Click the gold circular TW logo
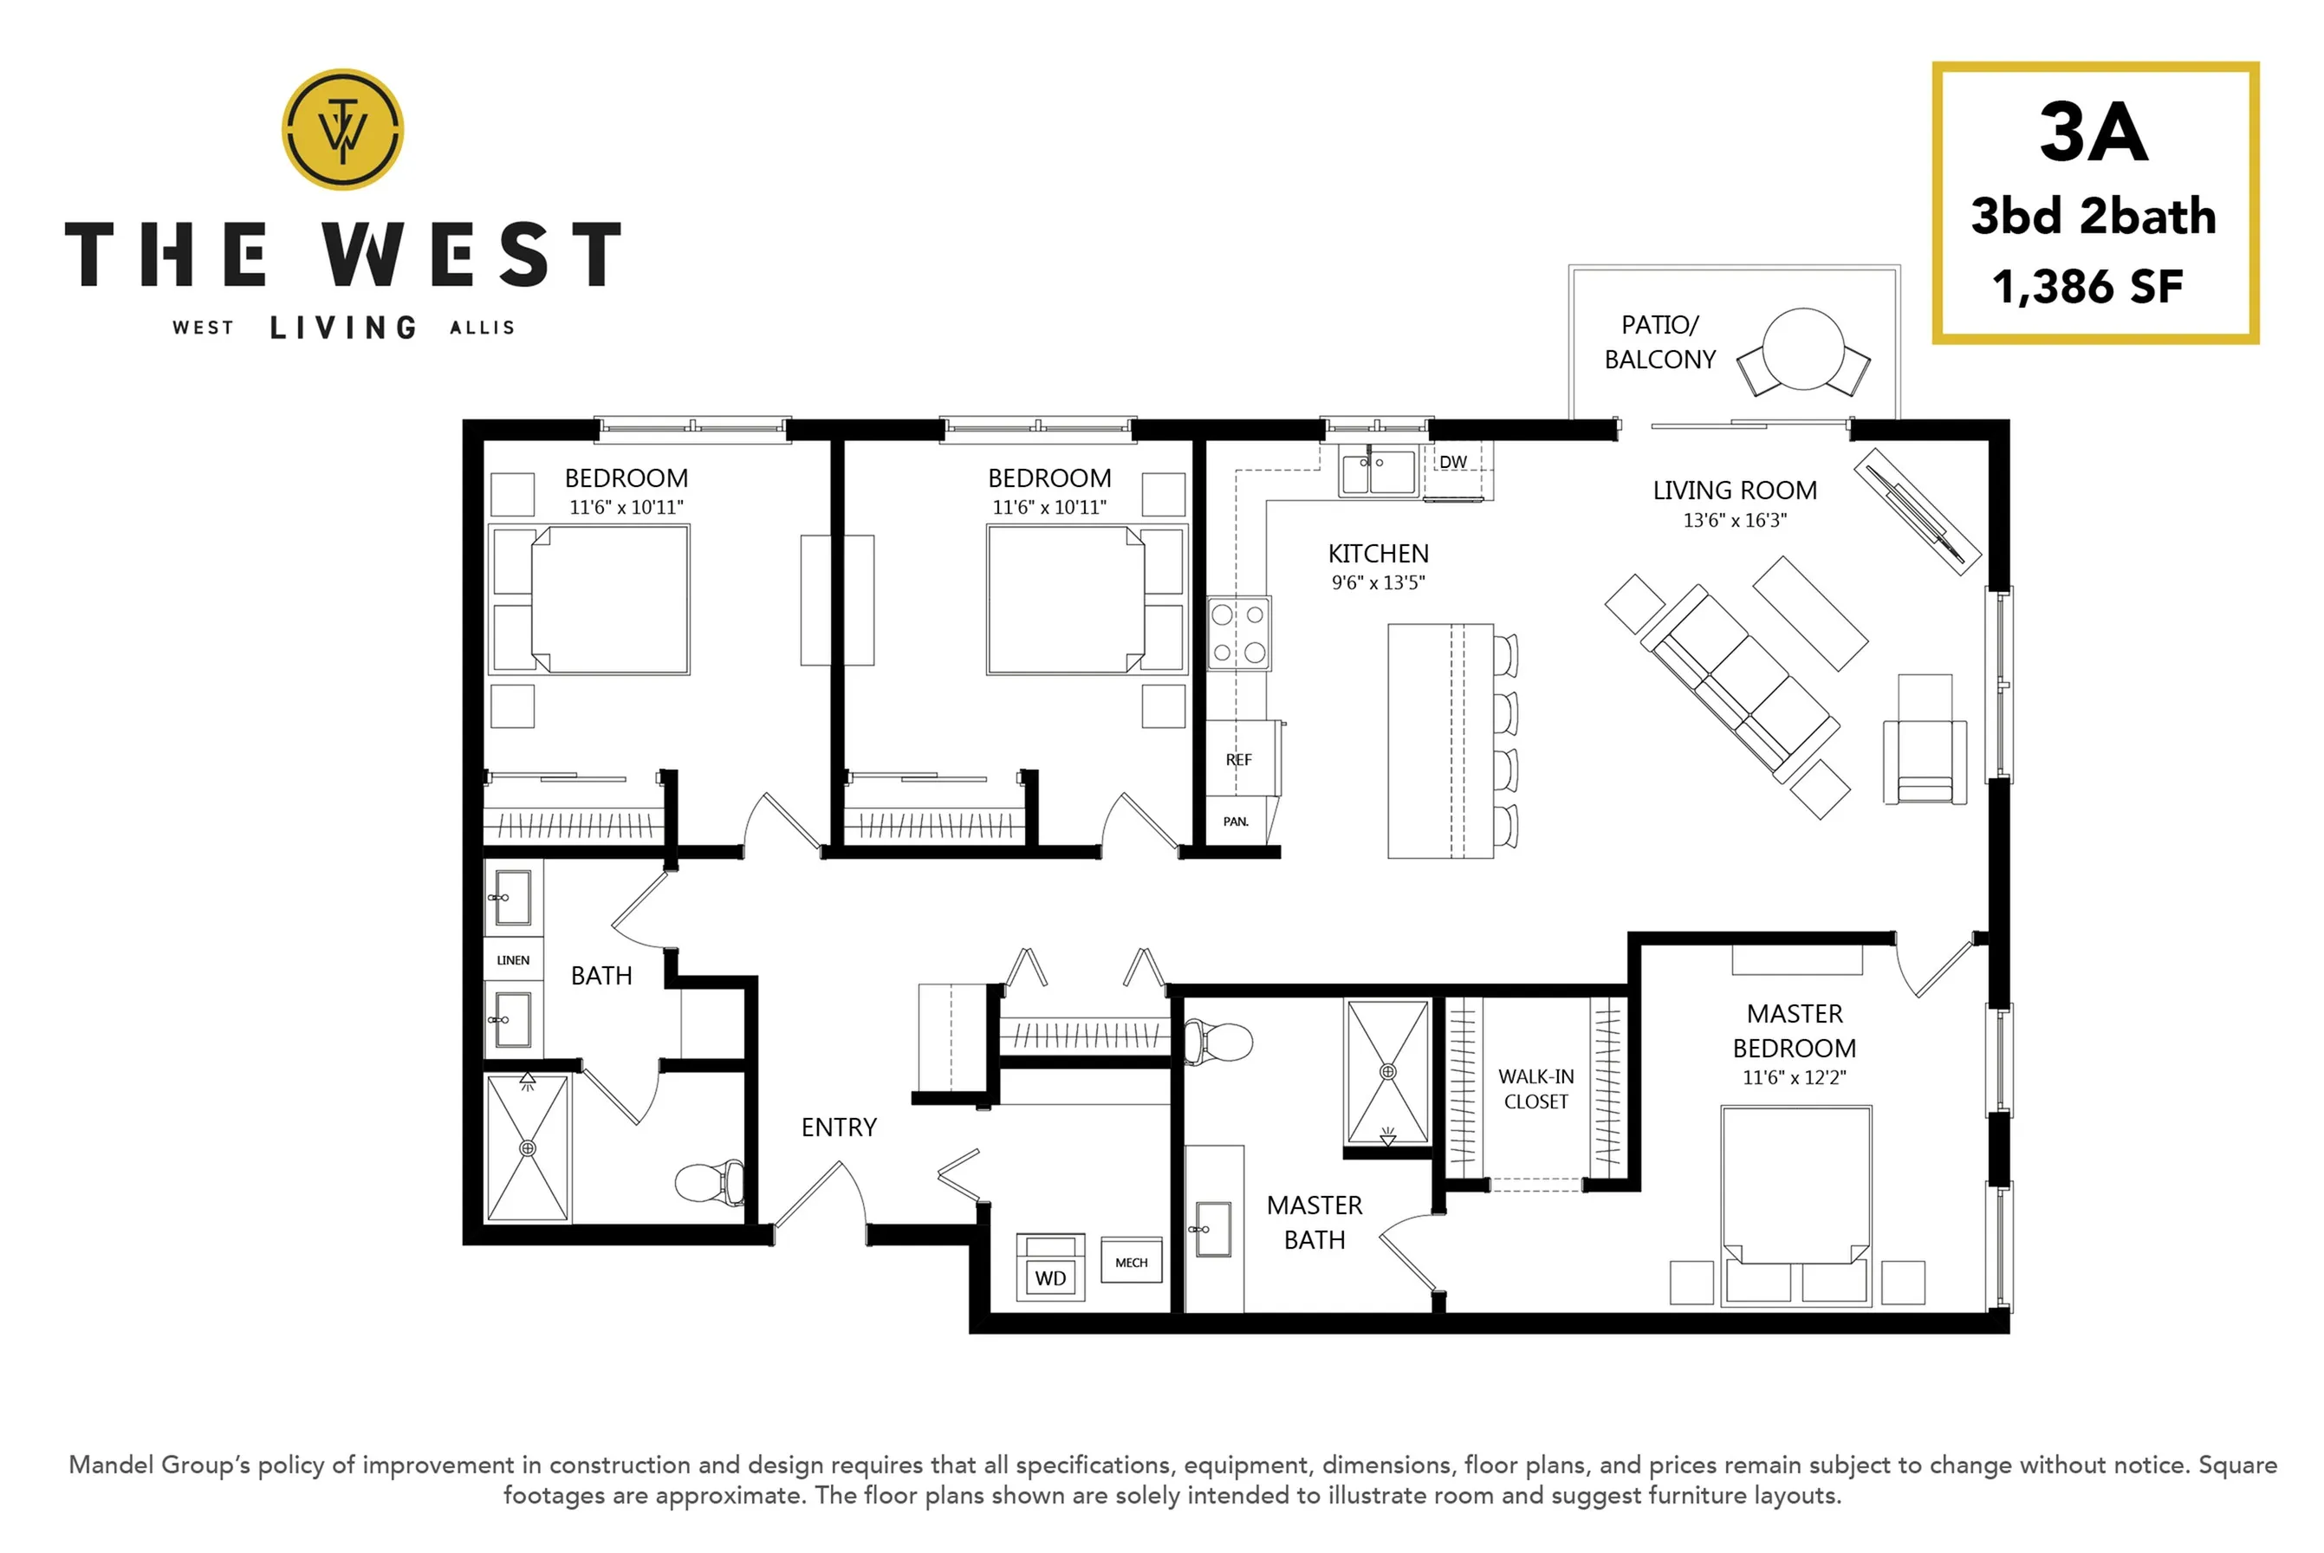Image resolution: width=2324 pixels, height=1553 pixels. point(342,130)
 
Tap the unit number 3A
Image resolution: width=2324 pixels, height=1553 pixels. point(2094,133)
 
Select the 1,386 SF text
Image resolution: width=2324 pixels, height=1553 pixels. point(2087,287)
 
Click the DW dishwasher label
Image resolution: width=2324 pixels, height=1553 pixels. point(1452,463)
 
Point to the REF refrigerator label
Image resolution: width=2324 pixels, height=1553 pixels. point(1239,760)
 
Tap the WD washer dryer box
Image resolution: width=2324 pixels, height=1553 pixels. point(1050,1268)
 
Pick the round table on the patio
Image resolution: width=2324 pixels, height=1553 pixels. point(1803,348)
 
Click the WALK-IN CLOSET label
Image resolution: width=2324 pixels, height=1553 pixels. point(1535,1088)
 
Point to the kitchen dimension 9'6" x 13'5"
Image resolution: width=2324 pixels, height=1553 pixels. point(1379,583)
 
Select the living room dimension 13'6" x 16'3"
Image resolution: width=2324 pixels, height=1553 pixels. point(1735,520)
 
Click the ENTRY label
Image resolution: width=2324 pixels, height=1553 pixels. point(839,1127)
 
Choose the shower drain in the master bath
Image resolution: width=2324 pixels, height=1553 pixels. point(1388,1072)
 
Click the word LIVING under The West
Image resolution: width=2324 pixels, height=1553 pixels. point(344,328)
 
